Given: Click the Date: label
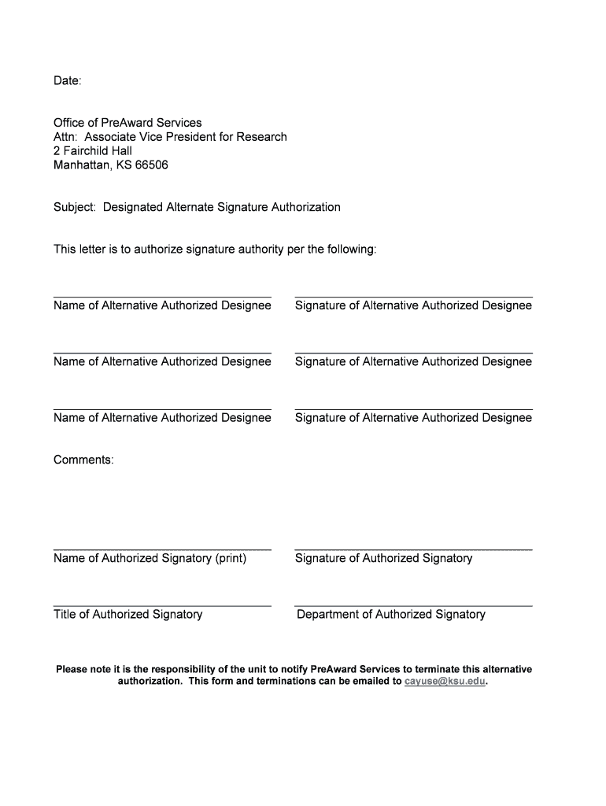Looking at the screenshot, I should point(67,81).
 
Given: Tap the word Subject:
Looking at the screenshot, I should point(75,208).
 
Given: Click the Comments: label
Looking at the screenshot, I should point(83,460).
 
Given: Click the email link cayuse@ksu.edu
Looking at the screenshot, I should point(445,682).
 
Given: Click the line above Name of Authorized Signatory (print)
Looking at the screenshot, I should point(162,549).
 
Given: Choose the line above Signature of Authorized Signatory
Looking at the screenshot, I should point(413,549).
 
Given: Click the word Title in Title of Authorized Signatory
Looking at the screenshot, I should point(64,615).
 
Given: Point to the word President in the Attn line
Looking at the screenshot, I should point(202,137).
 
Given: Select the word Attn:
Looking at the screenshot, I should point(66,137).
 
